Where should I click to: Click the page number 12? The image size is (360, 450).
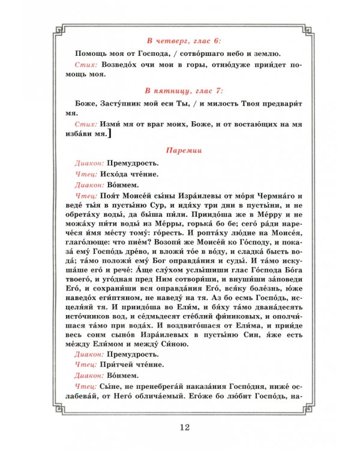point(184,427)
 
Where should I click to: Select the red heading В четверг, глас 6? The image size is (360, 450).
point(184,40)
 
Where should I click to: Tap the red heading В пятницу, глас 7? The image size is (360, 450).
point(184,91)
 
